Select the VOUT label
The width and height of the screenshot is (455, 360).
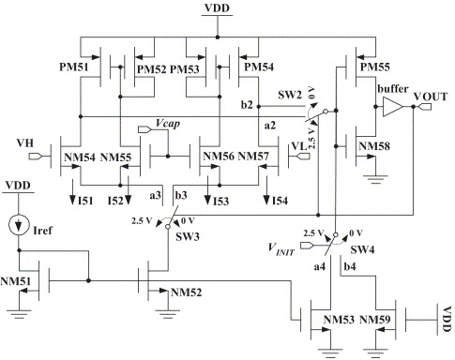pos(431,97)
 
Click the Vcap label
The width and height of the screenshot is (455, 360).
pos(168,124)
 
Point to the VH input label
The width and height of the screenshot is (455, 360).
pos(25,143)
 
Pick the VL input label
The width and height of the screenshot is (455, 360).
pos(299,146)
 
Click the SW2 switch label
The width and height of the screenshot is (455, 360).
pos(290,95)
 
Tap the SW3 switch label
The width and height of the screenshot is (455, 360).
pos(188,236)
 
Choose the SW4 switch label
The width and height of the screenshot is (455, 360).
pos(362,249)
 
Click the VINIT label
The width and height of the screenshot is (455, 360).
pos(281,249)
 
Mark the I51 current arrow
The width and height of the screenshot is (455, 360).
pos(72,191)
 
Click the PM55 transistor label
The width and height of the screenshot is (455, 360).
pos(374,67)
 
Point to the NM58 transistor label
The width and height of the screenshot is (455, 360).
pos(374,146)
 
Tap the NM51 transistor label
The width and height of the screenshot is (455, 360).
pos(16,281)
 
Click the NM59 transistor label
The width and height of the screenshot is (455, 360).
pos(375,320)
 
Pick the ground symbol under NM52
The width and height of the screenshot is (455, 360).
pos(168,314)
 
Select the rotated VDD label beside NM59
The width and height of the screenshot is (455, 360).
pos(447,319)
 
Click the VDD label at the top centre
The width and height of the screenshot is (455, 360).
pos(217,8)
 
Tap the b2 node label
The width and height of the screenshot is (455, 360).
pos(247,105)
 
